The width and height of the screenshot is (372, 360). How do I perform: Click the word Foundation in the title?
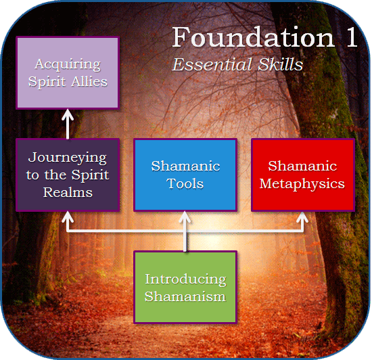click(x=254, y=37)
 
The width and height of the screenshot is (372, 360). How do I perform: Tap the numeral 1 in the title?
click(x=352, y=37)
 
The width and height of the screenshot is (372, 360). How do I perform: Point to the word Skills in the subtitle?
click(x=281, y=64)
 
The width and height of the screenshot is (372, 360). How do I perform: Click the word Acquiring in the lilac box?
click(x=68, y=64)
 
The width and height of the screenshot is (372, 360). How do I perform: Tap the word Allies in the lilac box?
click(x=89, y=81)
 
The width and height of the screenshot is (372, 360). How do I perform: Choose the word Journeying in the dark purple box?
click(x=68, y=158)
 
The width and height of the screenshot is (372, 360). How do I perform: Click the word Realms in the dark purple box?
click(x=68, y=192)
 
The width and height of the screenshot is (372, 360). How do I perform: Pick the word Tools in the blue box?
click(x=185, y=183)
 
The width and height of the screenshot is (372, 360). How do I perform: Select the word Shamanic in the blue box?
click(x=185, y=166)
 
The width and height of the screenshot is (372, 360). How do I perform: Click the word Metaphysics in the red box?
click(x=302, y=184)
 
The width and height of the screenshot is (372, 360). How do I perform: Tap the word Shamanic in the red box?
click(x=302, y=166)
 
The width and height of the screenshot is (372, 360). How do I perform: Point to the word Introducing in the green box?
click(x=185, y=279)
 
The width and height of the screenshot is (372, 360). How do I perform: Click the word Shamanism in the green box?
click(x=185, y=296)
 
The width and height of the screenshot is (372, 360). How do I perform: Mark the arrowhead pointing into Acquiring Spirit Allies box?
click(x=68, y=114)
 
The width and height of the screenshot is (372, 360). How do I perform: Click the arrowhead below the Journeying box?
click(x=68, y=217)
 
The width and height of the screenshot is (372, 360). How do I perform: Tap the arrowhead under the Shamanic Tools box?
click(x=185, y=217)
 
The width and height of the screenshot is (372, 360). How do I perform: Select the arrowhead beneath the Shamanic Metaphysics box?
click(x=302, y=217)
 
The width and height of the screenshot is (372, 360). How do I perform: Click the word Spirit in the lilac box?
click(x=47, y=82)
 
